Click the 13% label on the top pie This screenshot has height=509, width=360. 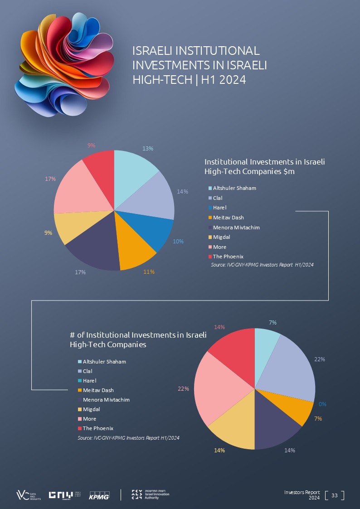click(148, 148)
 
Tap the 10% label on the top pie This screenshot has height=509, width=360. click(178, 242)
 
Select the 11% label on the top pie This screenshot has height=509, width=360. click(149, 272)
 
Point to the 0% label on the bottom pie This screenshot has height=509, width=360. click(323, 404)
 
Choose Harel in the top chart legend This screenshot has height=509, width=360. click(219, 208)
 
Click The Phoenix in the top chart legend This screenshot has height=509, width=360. click(228, 257)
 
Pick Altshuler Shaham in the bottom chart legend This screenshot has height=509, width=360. click(104, 362)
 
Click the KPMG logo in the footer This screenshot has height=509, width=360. click(99, 495)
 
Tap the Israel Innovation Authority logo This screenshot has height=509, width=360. click(151, 494)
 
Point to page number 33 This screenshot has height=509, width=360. click(335, 495)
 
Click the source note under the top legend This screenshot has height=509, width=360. click(262, 265)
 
